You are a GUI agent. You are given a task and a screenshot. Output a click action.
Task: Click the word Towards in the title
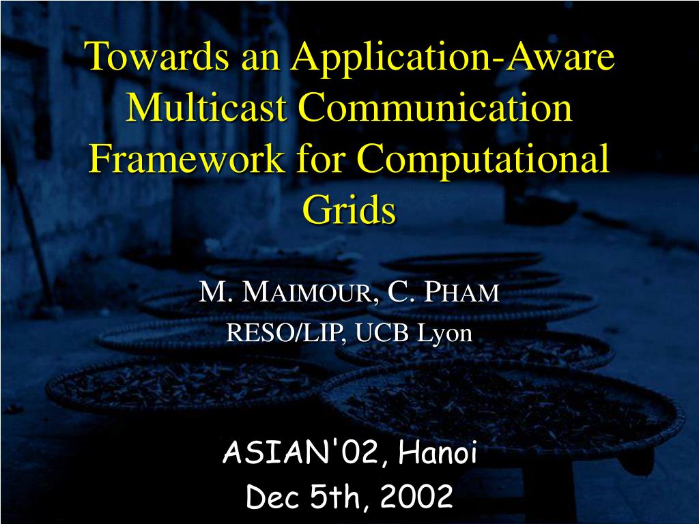159,56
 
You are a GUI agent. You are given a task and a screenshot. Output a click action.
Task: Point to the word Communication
435,107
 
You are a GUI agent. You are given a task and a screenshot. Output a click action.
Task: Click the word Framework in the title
186,158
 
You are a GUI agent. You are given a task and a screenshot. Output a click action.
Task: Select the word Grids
349,209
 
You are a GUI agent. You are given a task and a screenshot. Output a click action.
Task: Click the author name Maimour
306,292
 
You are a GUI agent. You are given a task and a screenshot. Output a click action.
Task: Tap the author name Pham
461,292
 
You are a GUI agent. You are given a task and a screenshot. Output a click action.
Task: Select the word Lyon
444,334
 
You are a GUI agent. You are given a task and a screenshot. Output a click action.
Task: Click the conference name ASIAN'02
301,452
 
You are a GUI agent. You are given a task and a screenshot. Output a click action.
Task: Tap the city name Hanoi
438,452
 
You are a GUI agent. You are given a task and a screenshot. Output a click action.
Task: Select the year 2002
417,497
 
